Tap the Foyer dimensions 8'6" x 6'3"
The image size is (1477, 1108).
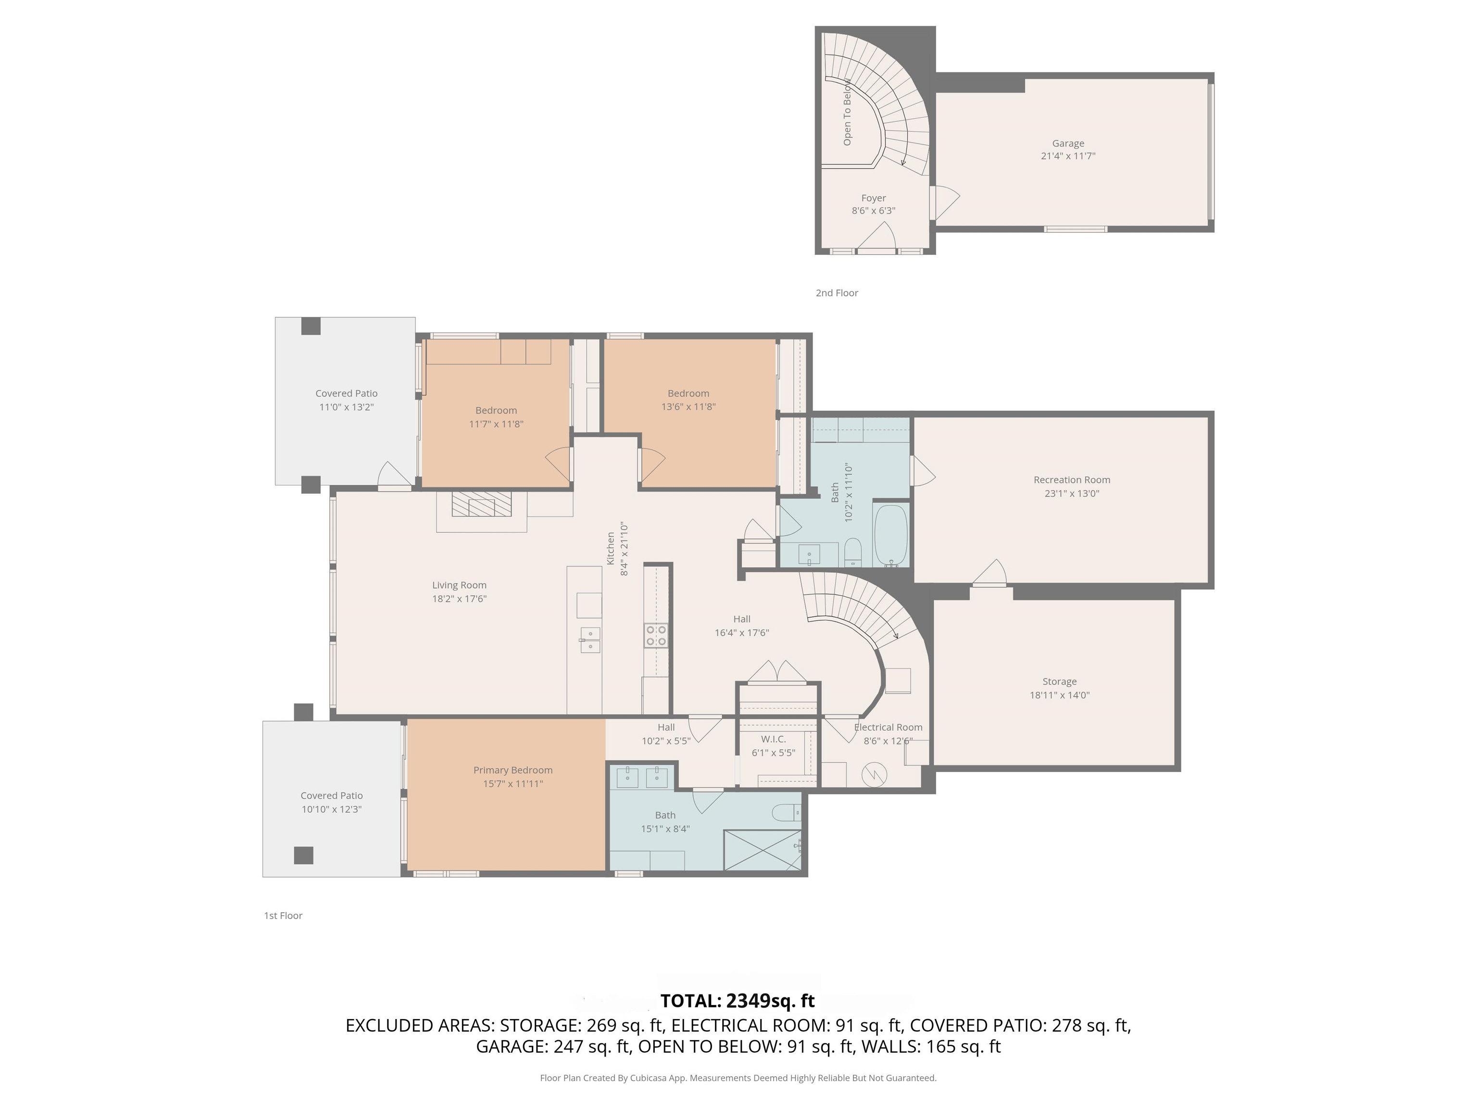click(874, 210)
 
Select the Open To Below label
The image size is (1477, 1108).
click(847, 112)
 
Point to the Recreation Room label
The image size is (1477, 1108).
click(1072, 479)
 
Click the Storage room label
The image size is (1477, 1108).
click(1059, 681)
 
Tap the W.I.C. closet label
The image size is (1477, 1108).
click(773, 739)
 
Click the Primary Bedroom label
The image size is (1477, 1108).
click(513, 770)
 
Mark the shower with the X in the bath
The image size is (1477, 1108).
click(763, 850)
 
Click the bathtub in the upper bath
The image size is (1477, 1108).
click(891, 535)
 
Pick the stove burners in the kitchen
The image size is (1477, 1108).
click(656, 635)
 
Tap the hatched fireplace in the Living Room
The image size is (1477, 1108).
click(481, 504)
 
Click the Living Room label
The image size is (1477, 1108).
click(459, 585)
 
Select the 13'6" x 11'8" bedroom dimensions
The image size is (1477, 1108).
click(688, 406)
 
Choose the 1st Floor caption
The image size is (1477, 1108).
click(283, 915)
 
